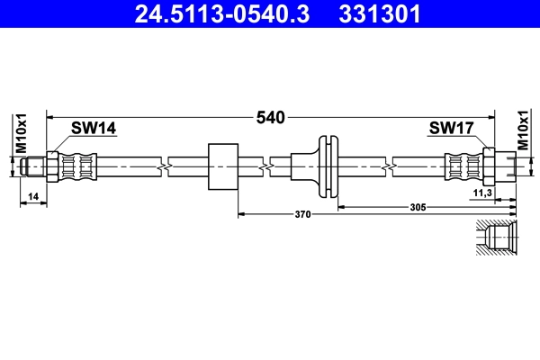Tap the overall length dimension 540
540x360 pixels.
click(270, 118)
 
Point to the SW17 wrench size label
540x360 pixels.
click(451, 129)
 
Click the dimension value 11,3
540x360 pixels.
click(483, 193)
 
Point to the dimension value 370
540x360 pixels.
click(302, 214)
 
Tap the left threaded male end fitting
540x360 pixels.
click(34, 166)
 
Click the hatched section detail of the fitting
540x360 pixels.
click(496, 241)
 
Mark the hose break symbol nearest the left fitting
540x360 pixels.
click(162, 166)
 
